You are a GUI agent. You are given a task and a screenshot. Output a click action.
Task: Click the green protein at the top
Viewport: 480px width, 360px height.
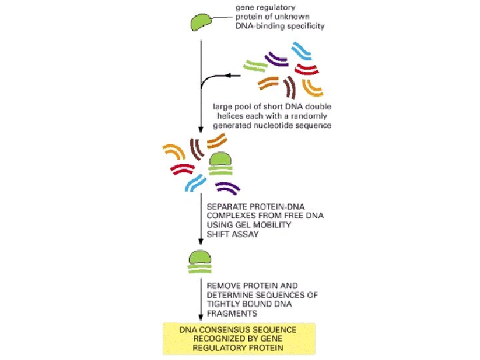pyautogui.click(x=201, y=21)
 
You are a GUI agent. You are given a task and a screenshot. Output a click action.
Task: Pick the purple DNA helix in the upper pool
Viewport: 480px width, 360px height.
pyautogui.click(x=275, y=61)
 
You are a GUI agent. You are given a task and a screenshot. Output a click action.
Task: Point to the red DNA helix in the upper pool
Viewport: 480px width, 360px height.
pyautogui.click(x=307, y=69)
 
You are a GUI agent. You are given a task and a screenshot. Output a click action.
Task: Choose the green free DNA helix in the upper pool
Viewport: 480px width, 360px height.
pyautogui.click(x=253, y=65)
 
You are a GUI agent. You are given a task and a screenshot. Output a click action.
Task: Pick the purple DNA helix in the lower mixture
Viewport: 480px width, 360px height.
pyautogui.click(x=227, y=187)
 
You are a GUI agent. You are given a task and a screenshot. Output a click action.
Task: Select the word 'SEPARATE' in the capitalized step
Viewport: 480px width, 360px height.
pyautogui.click(x=229, y=205)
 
